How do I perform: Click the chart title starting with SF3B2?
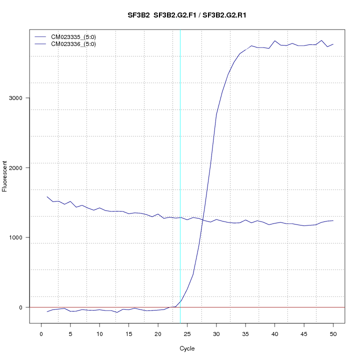[187, 15]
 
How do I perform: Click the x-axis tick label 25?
[187, 333]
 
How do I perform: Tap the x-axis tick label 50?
[333, 333]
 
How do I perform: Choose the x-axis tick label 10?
[99, 333]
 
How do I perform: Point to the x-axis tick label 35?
[245, 333]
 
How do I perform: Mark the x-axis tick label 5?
[70, 333]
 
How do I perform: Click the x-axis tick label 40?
[274, 333]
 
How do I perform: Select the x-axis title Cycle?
[187, 348]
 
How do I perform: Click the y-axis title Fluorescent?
[5, 176]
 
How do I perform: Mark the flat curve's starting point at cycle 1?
[47, 196]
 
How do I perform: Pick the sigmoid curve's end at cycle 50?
[333, 44]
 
